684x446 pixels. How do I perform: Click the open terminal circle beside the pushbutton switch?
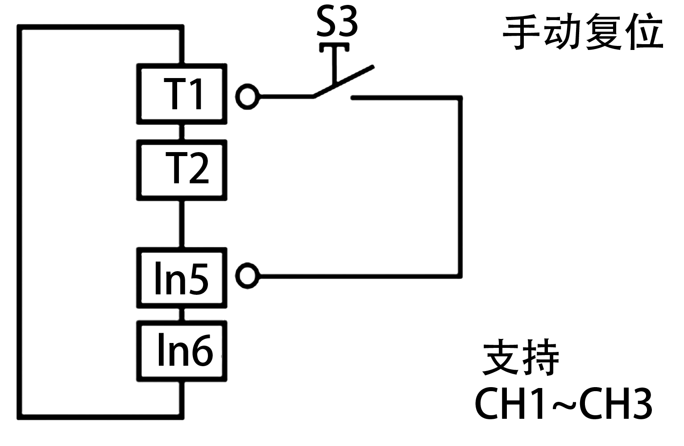[x=247, y=96]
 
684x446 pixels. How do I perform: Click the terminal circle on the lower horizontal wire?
[x=247, y=276]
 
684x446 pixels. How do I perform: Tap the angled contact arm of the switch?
[x=344, y=82]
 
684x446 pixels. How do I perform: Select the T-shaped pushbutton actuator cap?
[x=334, y=48]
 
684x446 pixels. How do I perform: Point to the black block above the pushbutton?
[x=337, y=21]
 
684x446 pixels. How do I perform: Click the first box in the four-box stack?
[x=182, y=94]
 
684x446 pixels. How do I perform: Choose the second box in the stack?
[x=182, y=170]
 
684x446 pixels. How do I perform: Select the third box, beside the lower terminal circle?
[x=182, y=278]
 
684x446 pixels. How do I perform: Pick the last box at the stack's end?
[x=182, y=351]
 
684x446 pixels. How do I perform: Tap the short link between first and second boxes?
[x=182, y=132]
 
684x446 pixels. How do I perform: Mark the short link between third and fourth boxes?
[x=182, y=314]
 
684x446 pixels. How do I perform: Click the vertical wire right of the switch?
[x=460, y=187]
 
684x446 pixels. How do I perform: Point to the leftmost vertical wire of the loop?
[x=20, y=223]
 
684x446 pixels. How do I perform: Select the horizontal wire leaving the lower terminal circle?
[x=357, y=277]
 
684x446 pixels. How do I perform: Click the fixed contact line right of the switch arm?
[x=402, y=97]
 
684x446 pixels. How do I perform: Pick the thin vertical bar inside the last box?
[x=162, y=349]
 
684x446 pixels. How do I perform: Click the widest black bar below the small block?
[x=563, y=403]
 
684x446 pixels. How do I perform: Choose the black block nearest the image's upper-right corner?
[x=582, y=31]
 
